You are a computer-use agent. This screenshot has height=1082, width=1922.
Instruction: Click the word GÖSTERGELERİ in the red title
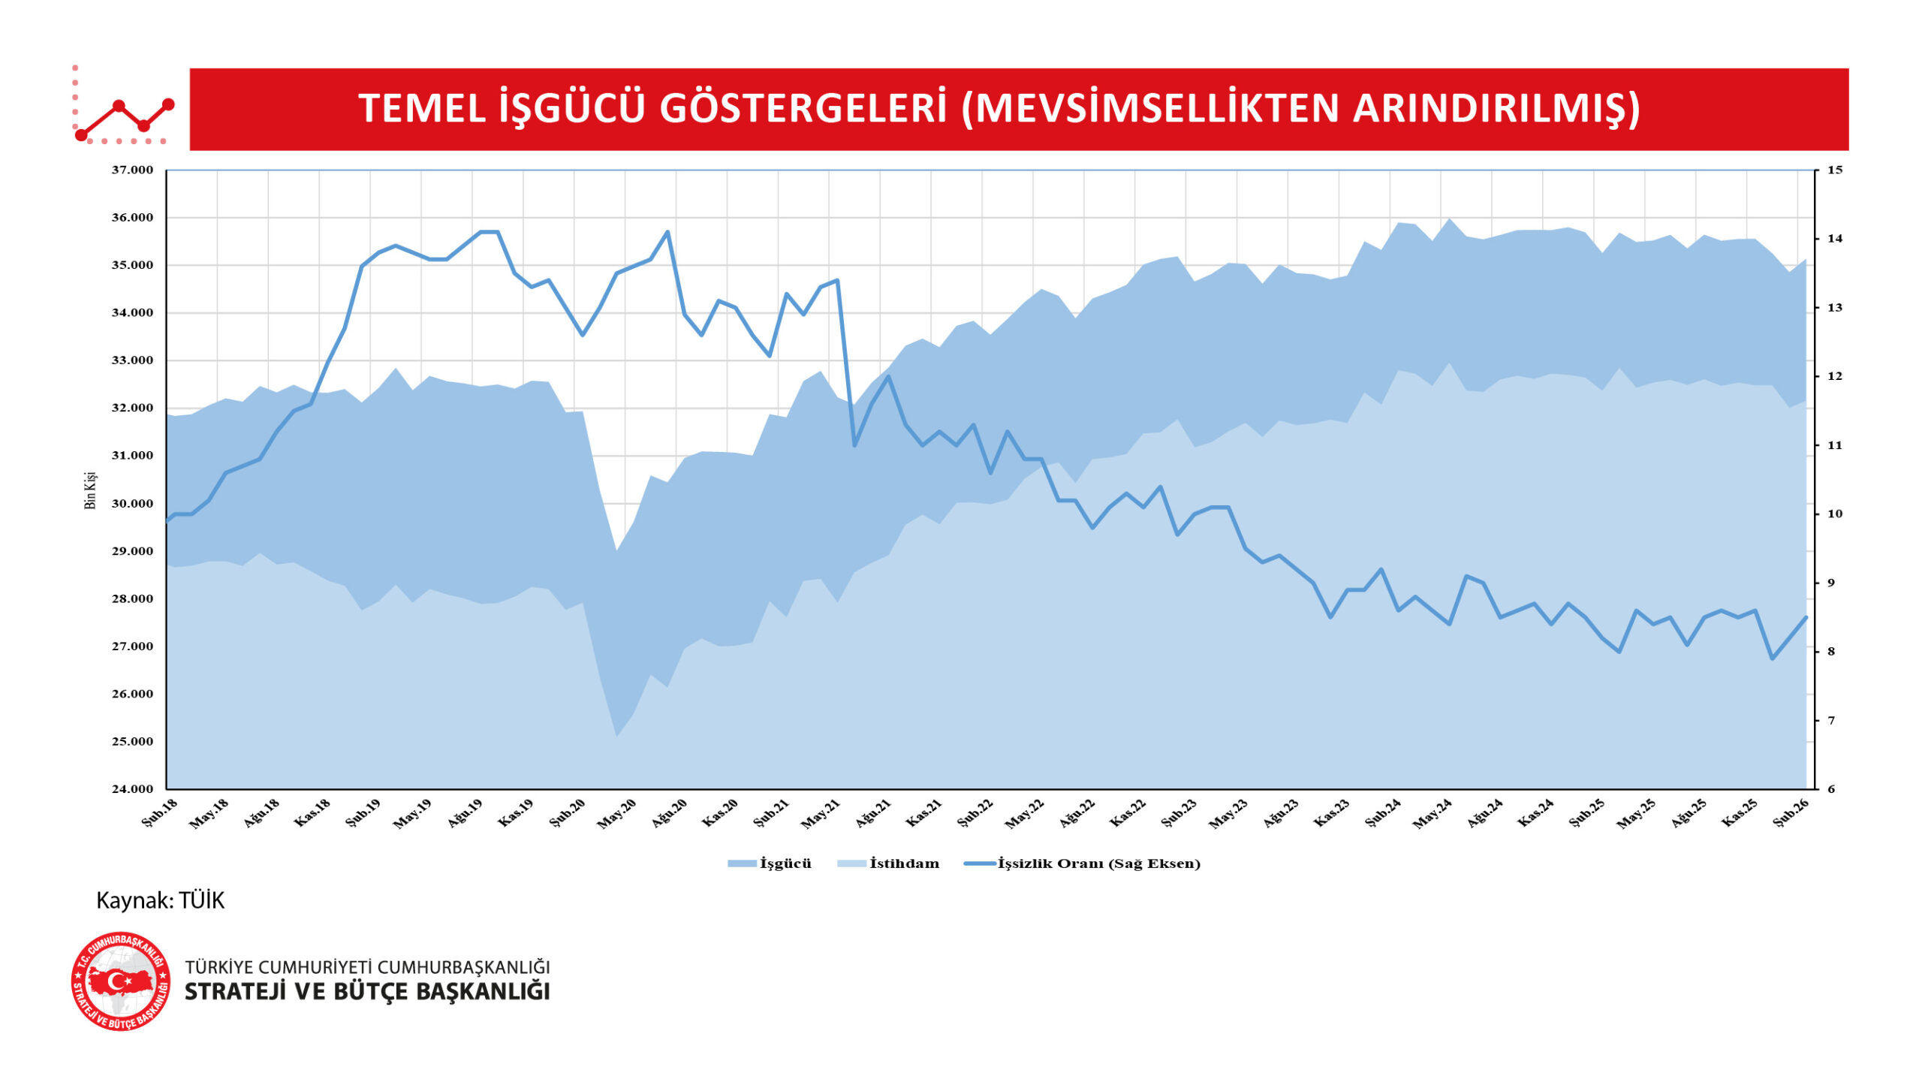(x=803, y=108)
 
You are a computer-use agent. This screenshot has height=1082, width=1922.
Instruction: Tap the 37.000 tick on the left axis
(x=132, y=170)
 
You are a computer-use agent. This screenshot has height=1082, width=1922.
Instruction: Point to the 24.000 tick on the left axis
(x=132, y=789)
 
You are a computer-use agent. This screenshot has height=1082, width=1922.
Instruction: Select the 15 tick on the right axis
(x=1834, y=170)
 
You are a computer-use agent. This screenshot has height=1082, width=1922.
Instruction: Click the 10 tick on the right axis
(x=1834, y=514)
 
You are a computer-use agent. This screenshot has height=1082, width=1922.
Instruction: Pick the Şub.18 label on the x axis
(x=160, y=813)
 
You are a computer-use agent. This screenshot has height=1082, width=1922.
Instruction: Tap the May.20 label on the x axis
(x=617, y=814)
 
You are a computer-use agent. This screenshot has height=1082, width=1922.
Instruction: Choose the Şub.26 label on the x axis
(x=1791, y=813)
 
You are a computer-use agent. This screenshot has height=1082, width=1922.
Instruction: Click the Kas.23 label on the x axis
(x=1331, y=814)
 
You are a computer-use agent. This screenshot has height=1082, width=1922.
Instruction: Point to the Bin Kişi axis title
(x=90, y=491)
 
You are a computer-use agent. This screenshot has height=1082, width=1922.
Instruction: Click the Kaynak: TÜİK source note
(x=160, y=900)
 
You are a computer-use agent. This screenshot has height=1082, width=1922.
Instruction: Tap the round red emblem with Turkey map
(x=120, y=981)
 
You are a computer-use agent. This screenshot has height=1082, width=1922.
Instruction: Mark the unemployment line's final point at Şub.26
(x=1806, y=617)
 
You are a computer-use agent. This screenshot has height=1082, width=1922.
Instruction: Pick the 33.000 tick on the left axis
(x=132, y=360)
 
